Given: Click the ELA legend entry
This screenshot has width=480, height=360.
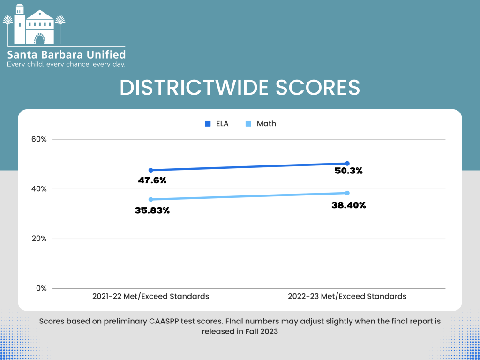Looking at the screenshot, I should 217,124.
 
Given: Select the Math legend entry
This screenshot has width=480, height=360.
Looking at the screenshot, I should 261,124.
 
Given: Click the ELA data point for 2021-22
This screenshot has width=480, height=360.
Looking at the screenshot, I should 150,170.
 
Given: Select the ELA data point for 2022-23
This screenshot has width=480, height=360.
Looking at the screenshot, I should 347,164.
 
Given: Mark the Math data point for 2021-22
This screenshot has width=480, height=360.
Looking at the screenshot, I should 150,199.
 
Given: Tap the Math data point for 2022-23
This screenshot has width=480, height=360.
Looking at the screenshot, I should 347,193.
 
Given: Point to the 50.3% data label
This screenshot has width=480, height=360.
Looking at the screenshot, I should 348,171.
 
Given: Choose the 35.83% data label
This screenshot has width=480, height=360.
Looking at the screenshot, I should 152,210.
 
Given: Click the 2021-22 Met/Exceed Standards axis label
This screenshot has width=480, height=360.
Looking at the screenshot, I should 150,296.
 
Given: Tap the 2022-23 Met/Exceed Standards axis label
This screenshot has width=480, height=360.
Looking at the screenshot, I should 347,296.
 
